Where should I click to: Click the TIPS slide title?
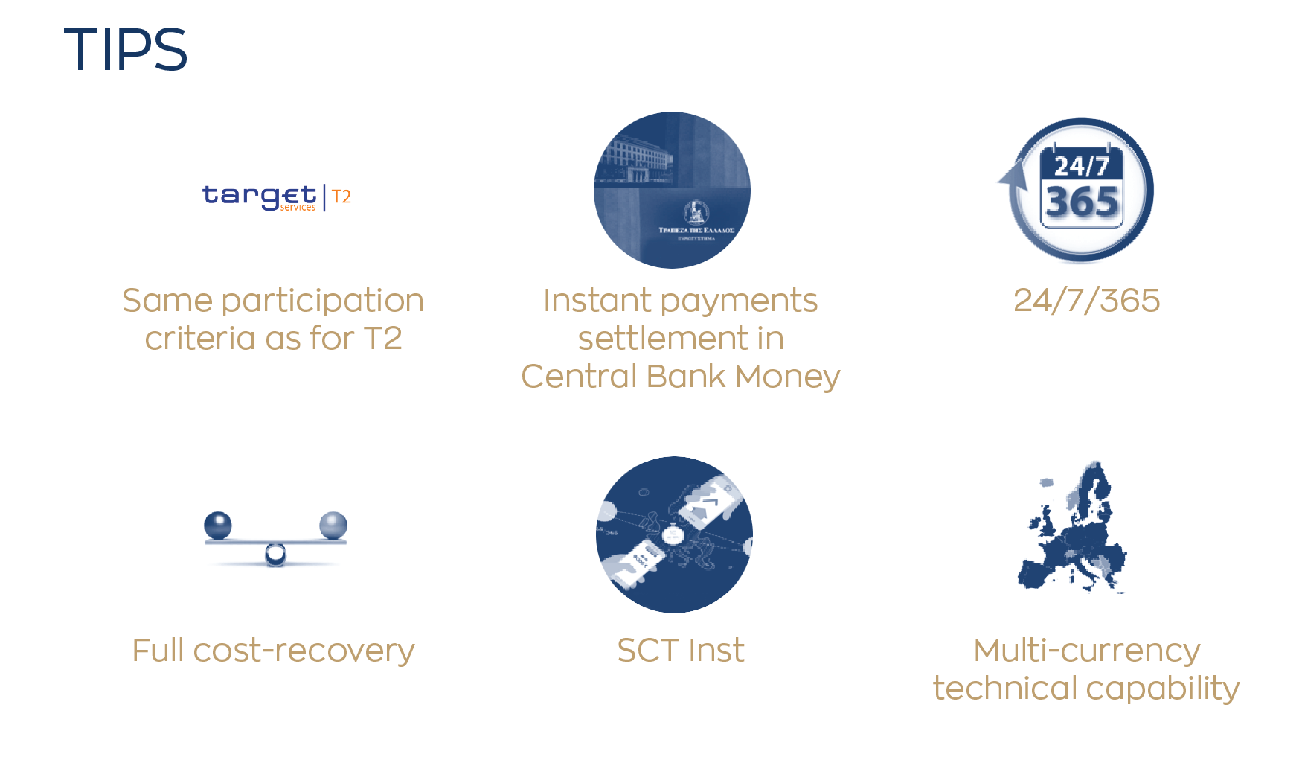coord(125,50)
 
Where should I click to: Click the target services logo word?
coord(259,196)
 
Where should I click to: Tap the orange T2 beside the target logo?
coord(341,197)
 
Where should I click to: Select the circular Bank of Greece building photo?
coord(672,190)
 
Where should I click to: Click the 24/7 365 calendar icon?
coord(1080,190)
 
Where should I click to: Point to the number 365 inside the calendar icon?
coord(1082,202)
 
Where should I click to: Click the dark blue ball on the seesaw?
coord(218,526)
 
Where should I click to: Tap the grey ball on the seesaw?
coord(333,526)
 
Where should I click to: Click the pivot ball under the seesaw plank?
coord(275,554)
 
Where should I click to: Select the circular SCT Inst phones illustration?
coord(674,534)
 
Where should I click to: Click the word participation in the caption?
coord(322,301)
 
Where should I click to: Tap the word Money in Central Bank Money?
coord(787,377)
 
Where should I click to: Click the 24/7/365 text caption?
coord(1086,301)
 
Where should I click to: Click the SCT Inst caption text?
coord(680,651)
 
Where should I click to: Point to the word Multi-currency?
coord(1086,651)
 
